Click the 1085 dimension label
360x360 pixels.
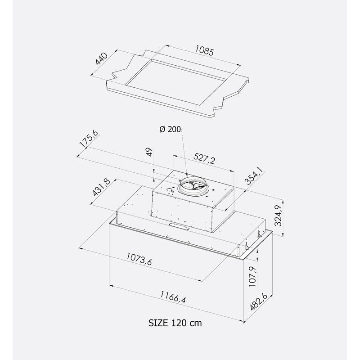point(204,50)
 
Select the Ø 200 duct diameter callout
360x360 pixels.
point(170,129)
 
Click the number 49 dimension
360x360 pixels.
point(149,152)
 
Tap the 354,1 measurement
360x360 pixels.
point(254,176)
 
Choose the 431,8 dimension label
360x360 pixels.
point(102,187)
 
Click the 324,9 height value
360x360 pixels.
point(278,216)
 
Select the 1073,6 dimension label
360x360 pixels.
point(139,259)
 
